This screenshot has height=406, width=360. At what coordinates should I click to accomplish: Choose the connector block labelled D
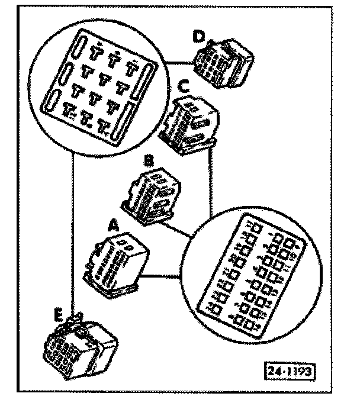[x=224, y=62]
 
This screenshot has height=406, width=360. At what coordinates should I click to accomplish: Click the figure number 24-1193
[x=289, y=371]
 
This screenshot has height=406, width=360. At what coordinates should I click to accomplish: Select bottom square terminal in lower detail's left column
[x=214, y=309]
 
